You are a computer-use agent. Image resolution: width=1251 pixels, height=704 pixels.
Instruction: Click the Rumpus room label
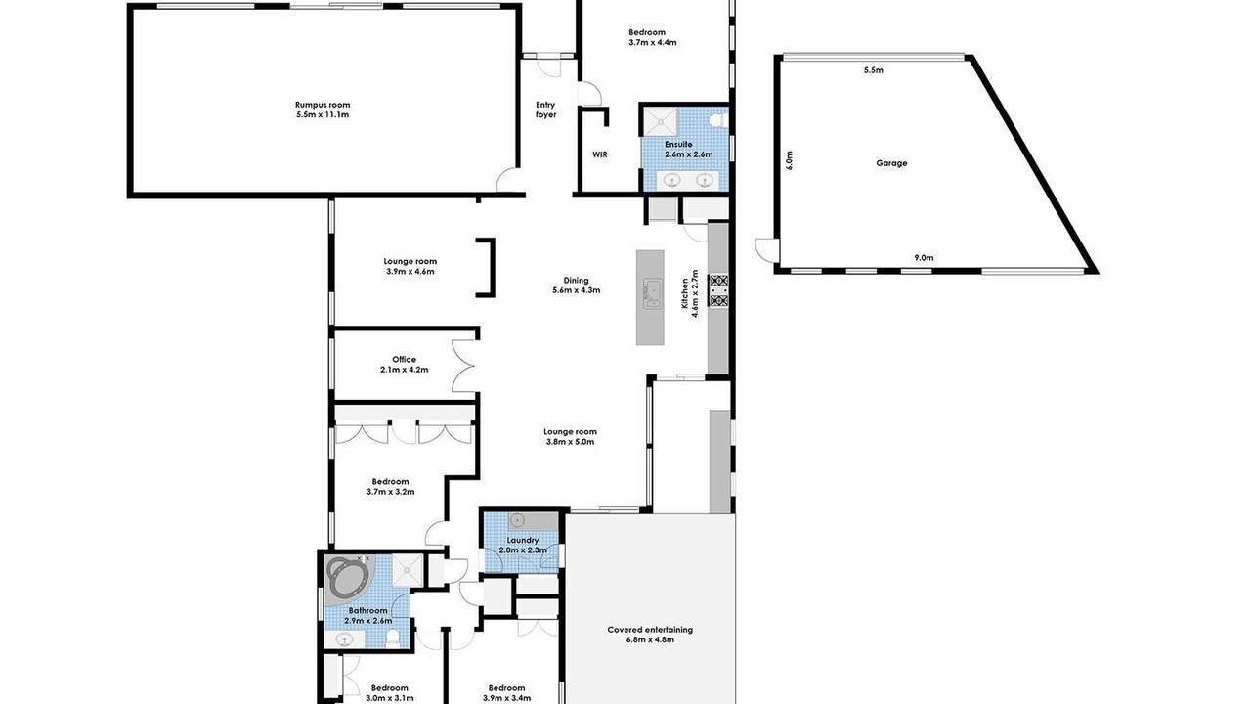pos(323,110)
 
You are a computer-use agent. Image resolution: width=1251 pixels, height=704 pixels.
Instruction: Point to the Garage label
pos(891,163)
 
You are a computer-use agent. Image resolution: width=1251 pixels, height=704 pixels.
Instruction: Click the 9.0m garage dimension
pos(924,257)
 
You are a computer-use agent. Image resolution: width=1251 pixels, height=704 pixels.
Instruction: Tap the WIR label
pos(600,154)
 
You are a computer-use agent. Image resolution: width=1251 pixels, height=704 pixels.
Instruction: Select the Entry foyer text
pos(545,110)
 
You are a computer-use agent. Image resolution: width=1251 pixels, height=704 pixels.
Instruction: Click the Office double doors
pos(463,366)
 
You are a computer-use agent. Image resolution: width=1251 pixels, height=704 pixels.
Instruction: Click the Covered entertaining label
pos(650,635)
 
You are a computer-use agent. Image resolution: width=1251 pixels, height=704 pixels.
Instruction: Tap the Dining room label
pos(576,285)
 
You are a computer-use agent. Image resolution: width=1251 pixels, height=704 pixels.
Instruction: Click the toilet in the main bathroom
pos(393,638)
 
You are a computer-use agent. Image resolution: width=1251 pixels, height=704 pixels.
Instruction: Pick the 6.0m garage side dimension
pos(789,160)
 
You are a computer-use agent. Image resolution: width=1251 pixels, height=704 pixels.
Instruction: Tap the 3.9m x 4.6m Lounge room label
pos(410,266)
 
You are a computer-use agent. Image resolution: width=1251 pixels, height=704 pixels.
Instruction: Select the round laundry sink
pos(518,521)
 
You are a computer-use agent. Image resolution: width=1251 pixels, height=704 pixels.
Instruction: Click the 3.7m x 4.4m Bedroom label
pos(652,37)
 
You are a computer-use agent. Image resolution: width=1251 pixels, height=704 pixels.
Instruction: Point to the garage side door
pos(765,249)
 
